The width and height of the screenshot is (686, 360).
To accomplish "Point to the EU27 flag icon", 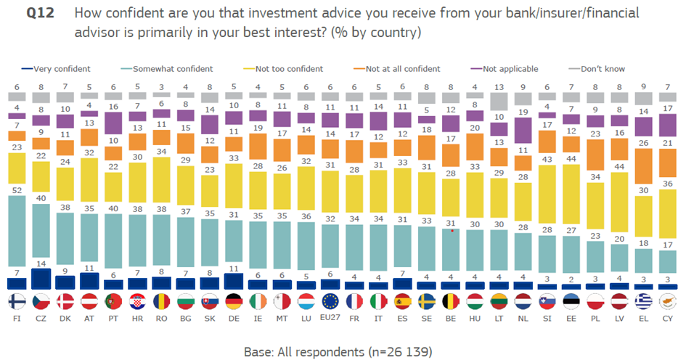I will (x=332, y=301).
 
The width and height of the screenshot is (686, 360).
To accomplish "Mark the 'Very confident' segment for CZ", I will (x=41, y=279).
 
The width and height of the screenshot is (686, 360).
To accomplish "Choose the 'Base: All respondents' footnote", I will (x=343, y=351).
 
